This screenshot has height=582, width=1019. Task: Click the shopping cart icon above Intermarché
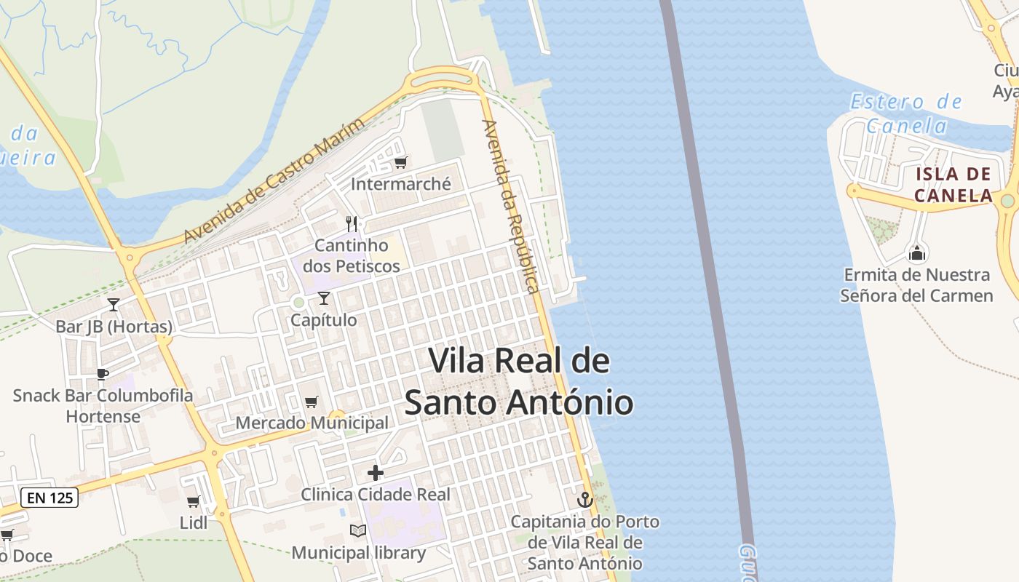[x=400, y=162]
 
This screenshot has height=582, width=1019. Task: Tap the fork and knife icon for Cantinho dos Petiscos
[x=352, y=223]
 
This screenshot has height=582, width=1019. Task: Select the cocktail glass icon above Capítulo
[x=324, y=298]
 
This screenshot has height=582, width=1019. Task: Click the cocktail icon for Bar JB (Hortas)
[x=114, y=305]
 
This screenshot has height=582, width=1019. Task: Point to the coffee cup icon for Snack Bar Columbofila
[x=103, y=374]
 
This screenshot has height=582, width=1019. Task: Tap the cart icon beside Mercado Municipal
[x=312, y=402]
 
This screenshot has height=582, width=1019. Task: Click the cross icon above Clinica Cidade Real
[x=376, y=474]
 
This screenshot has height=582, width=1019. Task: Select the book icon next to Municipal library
[x=357, y=531]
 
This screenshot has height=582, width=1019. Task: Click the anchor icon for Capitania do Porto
[x=584, y=500]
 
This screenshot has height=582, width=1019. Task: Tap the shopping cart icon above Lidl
[x=193, y=502]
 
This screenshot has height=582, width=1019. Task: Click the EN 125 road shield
[x=49, y=498]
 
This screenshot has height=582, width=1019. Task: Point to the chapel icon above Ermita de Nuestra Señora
[x=917, y=253]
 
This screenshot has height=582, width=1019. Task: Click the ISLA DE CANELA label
[x=953, y=185]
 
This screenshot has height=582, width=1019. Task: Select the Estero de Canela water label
[x=907, y=113]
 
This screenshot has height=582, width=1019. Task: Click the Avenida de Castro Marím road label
[x=274, y=180]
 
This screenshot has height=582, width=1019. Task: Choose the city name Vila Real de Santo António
[x=518, y=381]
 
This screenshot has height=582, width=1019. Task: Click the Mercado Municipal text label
[x=312, y=423]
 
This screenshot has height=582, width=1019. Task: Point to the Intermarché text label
[x=401, y=184]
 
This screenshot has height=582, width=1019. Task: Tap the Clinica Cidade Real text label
[x=376, y=495]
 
